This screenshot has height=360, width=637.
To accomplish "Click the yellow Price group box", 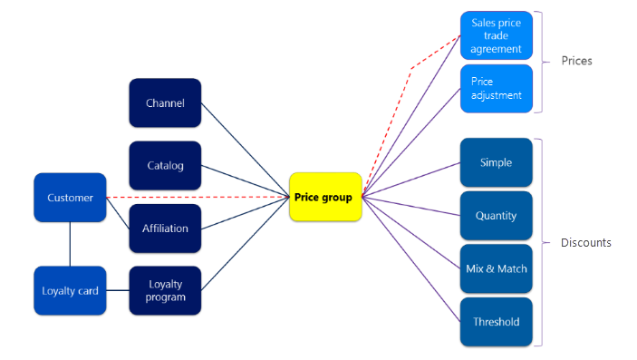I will click(325, 197).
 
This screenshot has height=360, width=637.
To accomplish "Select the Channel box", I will click(165, 102).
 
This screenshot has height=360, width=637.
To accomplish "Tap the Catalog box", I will click(165, 165).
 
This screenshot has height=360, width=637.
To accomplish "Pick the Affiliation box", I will click(165, 229).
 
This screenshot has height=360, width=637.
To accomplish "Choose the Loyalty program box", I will click(165, 290).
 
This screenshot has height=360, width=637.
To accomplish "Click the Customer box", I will click(70, 197).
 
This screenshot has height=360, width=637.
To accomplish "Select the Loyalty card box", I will click(70, 290).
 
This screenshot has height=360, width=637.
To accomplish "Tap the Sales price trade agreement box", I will click(496, 35).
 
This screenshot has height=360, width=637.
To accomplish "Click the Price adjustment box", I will click(496, 88).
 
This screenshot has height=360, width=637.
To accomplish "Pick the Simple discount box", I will click(496, 162).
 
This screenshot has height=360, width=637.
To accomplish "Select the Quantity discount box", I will click(496, 216).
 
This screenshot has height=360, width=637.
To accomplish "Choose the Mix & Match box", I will click(496, 268).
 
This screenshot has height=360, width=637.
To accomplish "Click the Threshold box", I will click(496, 321).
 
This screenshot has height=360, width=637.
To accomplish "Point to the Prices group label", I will click(576, 61).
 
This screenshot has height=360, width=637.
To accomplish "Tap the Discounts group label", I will click(585, 242).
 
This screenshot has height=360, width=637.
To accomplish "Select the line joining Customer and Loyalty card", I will click(70, 244).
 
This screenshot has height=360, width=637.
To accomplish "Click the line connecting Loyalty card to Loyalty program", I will click(118, 290).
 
